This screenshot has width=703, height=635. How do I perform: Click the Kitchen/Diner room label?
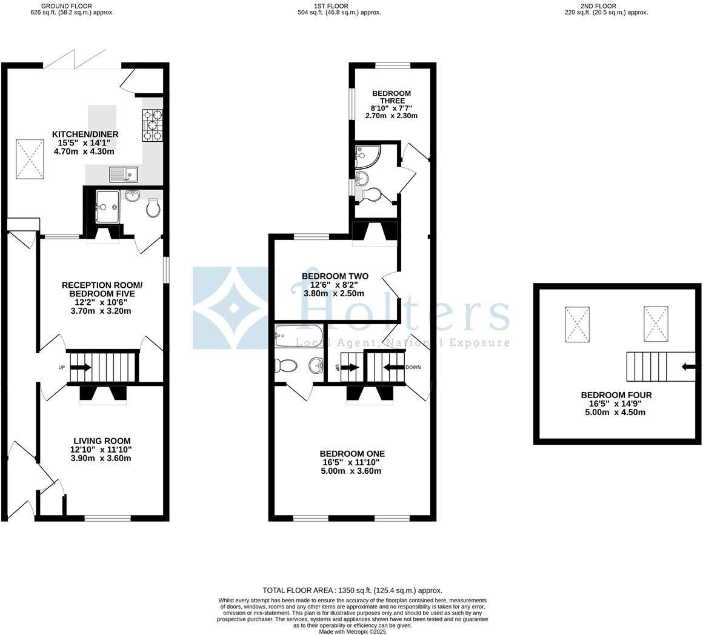[x=85, y=134]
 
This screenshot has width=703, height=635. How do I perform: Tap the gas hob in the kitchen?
[x=153, y=125]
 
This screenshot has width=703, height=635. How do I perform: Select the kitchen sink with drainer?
[x=123, y=175]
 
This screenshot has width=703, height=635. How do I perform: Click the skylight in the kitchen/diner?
[x=30, y=158]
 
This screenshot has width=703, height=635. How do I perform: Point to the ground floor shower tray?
[x=107, y=207]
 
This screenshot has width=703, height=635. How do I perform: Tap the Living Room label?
[x=102, y=441]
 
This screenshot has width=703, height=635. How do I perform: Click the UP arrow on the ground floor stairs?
[x=81, y=367]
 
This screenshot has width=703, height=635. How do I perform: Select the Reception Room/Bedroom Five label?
[x=102, y=289]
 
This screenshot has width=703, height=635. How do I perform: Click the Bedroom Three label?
[x=391, y=97]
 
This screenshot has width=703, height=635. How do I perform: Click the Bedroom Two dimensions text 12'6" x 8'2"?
[x=334, y=285]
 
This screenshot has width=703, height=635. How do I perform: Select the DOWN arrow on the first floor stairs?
[x=394, y=367]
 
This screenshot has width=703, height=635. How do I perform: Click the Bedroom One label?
[x=352, y=453]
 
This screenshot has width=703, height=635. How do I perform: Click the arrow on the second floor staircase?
[x=688, y=367]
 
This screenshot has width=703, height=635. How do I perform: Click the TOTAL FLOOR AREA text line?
[x=352, y=590]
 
